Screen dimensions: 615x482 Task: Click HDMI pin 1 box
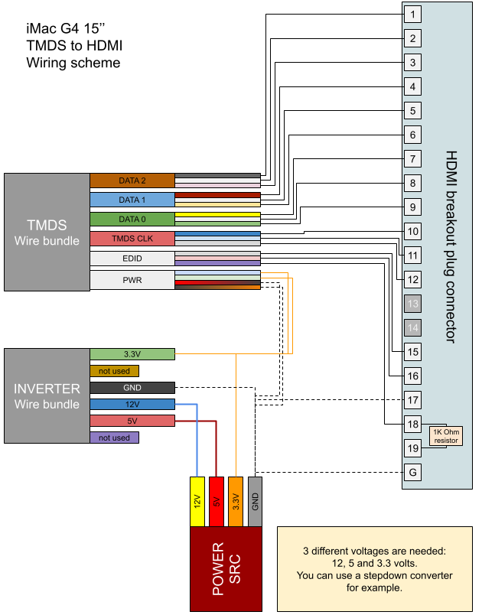point(412,14)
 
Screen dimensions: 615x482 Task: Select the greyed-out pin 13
point(412,304)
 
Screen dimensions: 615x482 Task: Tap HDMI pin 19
point(412,448)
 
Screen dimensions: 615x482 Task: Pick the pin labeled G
point(412,473)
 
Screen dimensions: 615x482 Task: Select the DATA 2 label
point(132,181)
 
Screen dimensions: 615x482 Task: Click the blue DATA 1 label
point(132,200)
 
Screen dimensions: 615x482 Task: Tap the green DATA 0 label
point(132,220)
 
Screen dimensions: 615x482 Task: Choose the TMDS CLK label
point(132,239)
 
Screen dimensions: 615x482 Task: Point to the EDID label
point(132,259)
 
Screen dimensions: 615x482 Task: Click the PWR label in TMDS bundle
point(132,280)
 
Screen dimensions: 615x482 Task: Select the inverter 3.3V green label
point(132,354)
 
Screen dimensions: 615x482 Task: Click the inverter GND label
point(132,388)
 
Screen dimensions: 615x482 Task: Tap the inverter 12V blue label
point(132,404)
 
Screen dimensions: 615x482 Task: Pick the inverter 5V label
point(132,421)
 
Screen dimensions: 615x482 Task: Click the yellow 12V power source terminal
point(197,502)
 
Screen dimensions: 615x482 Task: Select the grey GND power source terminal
point(256,502)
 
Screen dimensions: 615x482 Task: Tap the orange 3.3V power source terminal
point(236,502)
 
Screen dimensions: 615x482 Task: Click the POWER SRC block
point(226,568)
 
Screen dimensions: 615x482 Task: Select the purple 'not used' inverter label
point(114,438)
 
